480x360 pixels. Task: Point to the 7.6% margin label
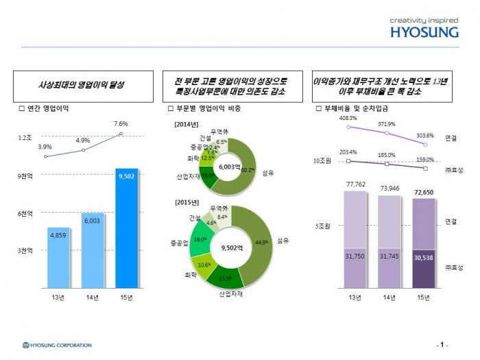[121, 123]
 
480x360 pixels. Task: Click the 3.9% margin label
[45, 147]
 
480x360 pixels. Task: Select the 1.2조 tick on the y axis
[24, 138]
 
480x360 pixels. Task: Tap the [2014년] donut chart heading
[186, 123]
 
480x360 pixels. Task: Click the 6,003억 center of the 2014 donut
[228, 167]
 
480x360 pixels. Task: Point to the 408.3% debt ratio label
[349, 118]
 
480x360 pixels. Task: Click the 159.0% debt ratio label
[425, 160]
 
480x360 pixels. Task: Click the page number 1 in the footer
[443, 344]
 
